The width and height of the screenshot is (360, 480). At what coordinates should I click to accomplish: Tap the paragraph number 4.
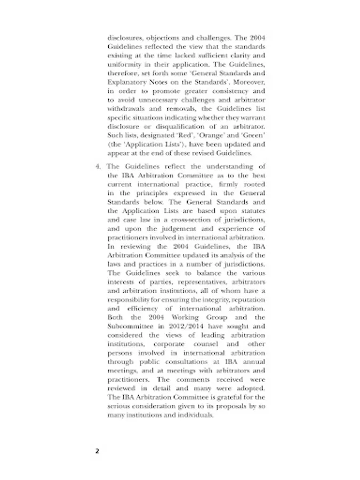coord(98,167)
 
